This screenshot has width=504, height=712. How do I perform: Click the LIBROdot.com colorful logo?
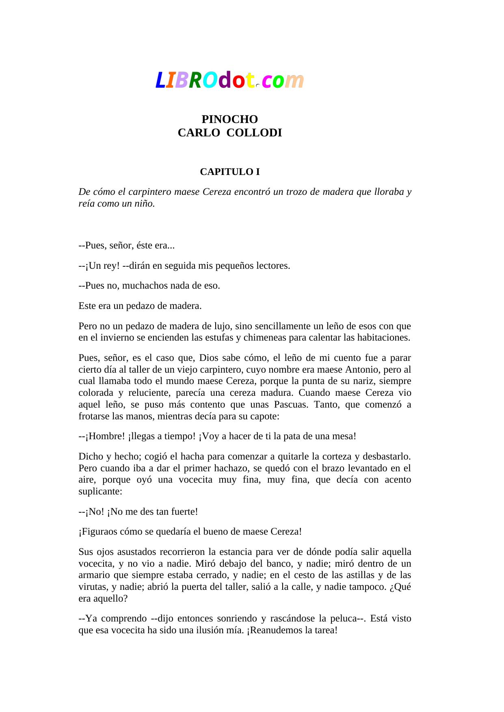[229, 80]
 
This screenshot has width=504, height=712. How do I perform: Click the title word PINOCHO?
[230, 119]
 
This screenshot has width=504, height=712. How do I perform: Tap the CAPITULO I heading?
[230, 172]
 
